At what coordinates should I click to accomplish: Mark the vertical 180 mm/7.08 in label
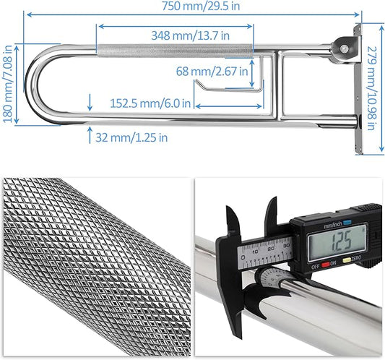[8, 93]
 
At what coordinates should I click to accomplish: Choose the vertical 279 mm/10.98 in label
[371, 89]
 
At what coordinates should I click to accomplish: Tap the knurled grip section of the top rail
[173, 52]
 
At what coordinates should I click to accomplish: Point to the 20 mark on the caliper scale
[270, 249]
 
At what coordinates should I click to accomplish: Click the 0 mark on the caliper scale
[246, 250]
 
